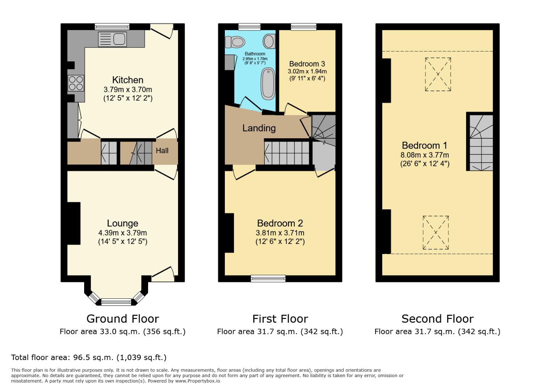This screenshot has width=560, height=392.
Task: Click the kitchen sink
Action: (x=112, y=39)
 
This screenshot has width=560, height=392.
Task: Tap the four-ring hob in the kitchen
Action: (x=76, y=83)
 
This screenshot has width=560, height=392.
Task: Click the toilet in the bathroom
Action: (x=235, y=42)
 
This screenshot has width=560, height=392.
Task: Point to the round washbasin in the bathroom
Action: (x=269, y=41)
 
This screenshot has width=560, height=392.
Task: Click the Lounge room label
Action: (x=123, y=223)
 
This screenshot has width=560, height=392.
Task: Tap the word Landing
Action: (x=259, y=128)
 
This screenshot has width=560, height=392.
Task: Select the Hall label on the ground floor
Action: (x=162, y=151)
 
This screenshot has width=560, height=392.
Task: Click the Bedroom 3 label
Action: (x=307, y=64)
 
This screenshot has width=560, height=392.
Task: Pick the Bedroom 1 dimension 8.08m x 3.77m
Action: (x=425, y=155)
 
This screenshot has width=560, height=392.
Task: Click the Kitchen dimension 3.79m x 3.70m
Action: (x=128, y=89)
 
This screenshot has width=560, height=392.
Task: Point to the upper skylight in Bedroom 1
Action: (x=438, y=74)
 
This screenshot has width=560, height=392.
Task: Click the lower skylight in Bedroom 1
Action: (x=436, y=232)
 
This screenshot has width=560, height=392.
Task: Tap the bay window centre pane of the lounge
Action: (x=116, y=301)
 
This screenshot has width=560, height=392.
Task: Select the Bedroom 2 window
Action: (x=268, y=278)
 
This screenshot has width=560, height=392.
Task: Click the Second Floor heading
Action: (x=437, y=319)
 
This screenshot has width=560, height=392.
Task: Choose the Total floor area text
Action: (x=89, y=358)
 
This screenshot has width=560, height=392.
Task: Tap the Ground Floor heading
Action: (x=123, y=319)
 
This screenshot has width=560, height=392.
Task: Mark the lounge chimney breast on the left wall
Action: (x=74, y=223)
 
